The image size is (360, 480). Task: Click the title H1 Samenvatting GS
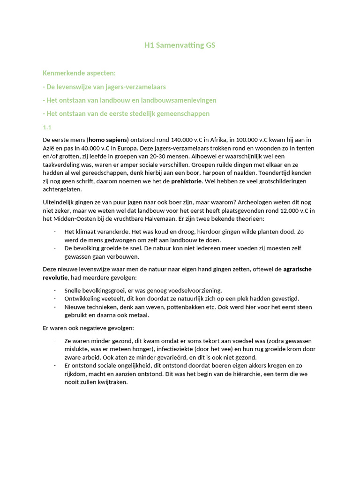pyautogui.click(x=180, y=45)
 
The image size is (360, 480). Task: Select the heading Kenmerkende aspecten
pyautogui.click(x=79, y=73)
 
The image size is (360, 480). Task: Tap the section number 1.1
pyautogui.click(x=47, y=127)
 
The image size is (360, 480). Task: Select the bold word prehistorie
pyautogui.click(x=189, y=180)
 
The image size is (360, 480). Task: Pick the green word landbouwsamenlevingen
pyautogui.click(x=176, y=100)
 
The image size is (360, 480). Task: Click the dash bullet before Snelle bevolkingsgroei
pyautogui.click(x=55, y=291)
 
